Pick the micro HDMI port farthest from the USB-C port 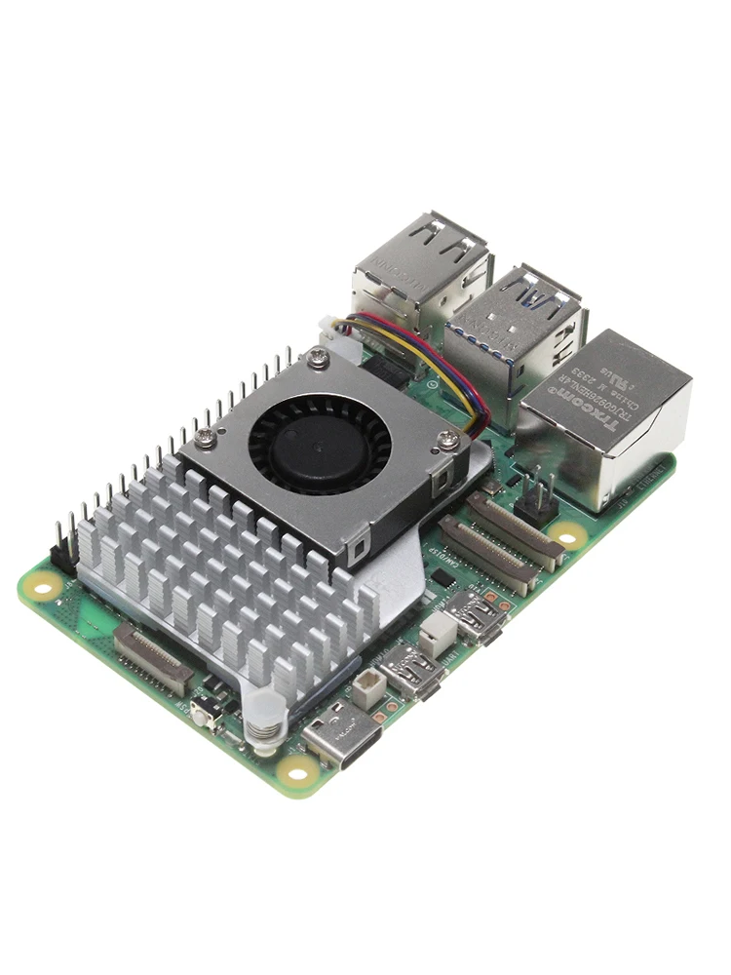476,615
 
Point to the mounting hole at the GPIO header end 42,584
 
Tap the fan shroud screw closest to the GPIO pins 205,439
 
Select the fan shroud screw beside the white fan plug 317,360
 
